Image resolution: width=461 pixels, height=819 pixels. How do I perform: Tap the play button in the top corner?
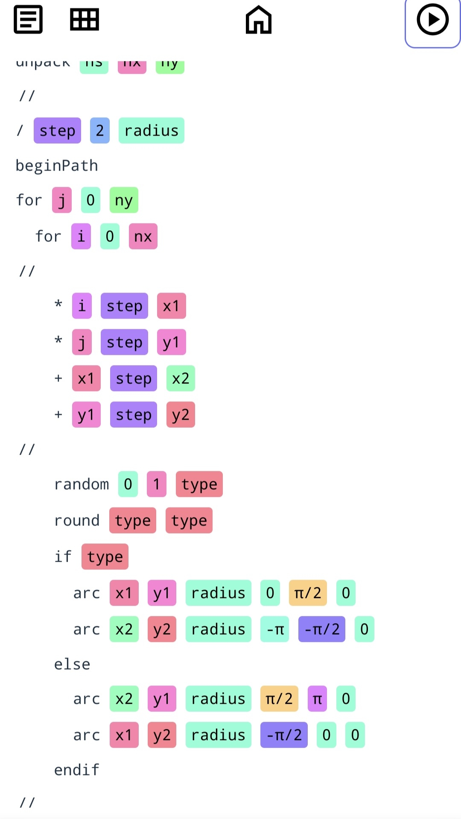[x=432, y=20]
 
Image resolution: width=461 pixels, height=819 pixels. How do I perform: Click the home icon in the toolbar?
[x=259, y=20]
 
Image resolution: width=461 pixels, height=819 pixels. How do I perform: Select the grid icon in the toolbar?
[x=85, y=20]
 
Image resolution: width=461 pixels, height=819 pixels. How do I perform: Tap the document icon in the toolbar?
[x=28, y=20]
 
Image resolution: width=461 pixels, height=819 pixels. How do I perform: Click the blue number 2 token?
[x=100, y=131]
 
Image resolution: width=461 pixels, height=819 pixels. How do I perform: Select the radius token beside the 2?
[x=152, y=131]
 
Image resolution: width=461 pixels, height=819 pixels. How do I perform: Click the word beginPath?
[x=57, y=166]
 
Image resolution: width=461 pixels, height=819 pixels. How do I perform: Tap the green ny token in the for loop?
[x=124, y=200]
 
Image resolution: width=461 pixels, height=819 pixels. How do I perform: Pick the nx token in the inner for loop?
[x=143, y=236]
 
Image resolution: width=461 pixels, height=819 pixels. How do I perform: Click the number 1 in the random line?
[x=157, y=484]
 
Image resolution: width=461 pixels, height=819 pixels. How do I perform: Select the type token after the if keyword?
[x=105, y=557]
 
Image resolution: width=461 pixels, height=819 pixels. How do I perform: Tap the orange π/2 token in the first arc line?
[x=308, y=593]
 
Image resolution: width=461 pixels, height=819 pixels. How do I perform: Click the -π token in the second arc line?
[x=275, y=629]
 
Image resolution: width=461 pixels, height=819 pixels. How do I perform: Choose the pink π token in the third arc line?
[x=317, y=699]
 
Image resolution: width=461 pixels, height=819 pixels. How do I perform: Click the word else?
[x=72, y=664]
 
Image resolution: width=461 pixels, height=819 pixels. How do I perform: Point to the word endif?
[x=77, y=770]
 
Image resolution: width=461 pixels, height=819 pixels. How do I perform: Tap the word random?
[x=82, y=484]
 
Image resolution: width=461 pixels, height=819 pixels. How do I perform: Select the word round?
[x=77, y=520]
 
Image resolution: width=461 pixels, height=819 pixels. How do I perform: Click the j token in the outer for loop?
[x=62, y=200]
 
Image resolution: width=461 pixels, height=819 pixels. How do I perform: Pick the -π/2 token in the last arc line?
[x=284, y=735]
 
